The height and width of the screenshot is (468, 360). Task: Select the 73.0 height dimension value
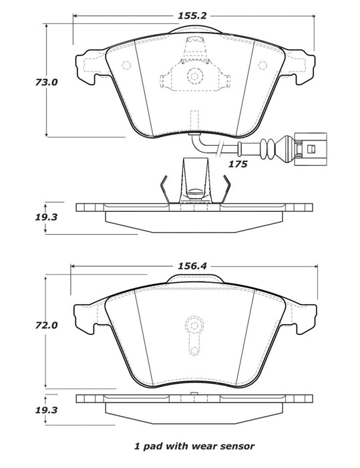[x=25, y=83]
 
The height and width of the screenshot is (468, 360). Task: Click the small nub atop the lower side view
[x=192, y=393]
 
